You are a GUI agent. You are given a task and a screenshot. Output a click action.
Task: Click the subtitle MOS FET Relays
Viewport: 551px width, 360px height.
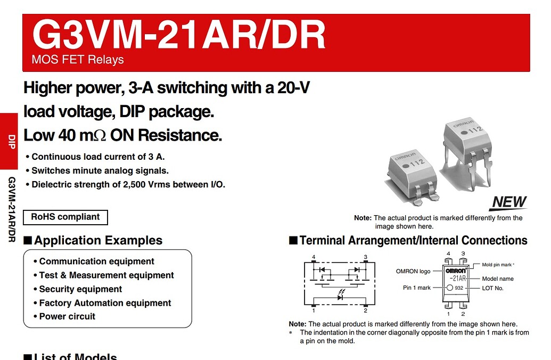click(x=78, y=60)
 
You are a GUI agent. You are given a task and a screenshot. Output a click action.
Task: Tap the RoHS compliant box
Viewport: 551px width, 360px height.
click(x=65, y=217)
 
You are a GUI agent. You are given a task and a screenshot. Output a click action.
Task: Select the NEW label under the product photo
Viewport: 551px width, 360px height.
click(x=509, y=202)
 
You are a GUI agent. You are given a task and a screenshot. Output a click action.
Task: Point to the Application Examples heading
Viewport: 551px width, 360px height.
click(x=98, y=241)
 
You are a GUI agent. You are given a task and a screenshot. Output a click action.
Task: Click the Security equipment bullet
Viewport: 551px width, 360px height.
click(x=80, y=289)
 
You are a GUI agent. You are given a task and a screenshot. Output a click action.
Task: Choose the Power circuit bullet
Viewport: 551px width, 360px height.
click(x=67, y=316)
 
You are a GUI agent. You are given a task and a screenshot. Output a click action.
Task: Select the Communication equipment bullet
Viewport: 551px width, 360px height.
click(x=96, y=261)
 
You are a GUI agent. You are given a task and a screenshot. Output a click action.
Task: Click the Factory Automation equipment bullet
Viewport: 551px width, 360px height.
click(x=105, y=303)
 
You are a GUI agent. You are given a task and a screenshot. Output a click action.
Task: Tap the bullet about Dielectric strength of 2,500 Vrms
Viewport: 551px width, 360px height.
click(x=128, y=185)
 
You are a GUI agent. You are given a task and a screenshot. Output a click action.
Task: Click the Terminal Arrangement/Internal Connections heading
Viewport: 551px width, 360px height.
click(x=413, y=241)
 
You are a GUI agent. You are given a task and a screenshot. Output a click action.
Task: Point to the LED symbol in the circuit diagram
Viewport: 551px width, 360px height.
click(x=340, y=297)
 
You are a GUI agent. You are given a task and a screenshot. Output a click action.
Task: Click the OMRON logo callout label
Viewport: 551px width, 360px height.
click(x=413, y=271)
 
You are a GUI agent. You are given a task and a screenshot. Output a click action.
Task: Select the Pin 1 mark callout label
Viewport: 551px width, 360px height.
click(x=416, y=288)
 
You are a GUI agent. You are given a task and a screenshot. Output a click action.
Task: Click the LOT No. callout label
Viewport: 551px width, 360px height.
click(x=492, y=288)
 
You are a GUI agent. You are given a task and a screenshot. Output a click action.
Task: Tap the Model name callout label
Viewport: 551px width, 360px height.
click(x=498, y=279)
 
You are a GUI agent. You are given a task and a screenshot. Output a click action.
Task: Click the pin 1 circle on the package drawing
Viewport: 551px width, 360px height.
click(x=450, y=288)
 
